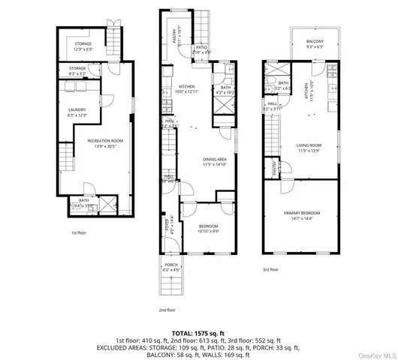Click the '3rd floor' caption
tap(270, 268)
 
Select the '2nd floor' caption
tap(167, 309)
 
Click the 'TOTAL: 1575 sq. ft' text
tap(199, 331)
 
